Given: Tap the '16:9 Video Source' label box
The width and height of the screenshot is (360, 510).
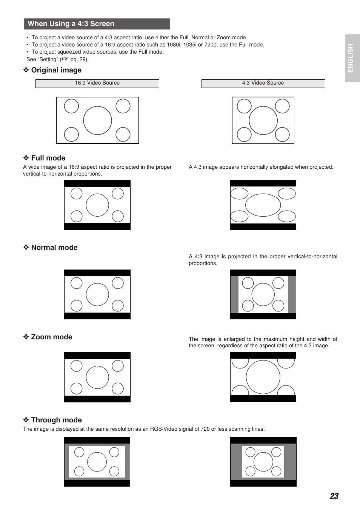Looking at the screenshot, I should click(97, 83).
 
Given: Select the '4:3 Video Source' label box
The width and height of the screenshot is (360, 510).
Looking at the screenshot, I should click(263, 83).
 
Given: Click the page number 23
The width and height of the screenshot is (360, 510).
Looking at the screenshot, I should click(334, 496).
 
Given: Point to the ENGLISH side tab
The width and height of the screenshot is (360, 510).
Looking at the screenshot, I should click(351, 58).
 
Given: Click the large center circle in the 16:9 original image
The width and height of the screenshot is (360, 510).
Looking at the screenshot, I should click(97, 120).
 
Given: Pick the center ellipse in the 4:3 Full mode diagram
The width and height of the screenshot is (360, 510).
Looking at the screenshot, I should click(263, 205).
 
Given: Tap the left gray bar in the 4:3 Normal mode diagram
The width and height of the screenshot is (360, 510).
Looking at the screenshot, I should click(234, 294).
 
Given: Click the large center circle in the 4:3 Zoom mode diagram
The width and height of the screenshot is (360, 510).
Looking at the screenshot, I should click(263, 377).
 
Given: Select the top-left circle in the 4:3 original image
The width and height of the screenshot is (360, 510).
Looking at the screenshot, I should click(244, 106).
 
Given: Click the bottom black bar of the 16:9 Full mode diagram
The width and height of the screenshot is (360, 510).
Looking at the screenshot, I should click(97, 226).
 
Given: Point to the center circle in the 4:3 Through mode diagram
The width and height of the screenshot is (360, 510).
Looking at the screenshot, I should click(263, 462).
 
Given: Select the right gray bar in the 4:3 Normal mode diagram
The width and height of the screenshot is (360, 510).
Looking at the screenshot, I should click(292, 294).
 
